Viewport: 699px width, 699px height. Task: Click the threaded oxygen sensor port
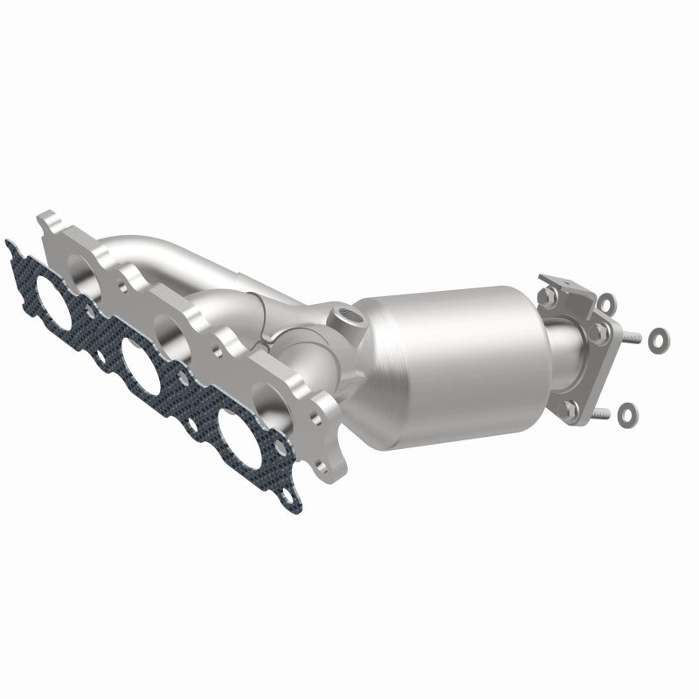pyautogui.click(x=343, y=315)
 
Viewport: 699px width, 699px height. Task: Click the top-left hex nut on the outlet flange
pyautogui.click(x=549, y=297)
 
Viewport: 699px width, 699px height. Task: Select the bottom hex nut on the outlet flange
pyautogui.click(x=570, y=407)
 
